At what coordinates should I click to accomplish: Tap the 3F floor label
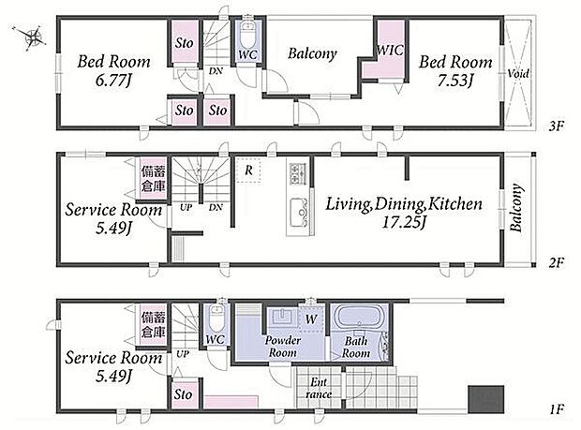point(557,126)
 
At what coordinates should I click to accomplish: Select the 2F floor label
point(557,263)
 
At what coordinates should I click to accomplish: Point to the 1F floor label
point(557,409)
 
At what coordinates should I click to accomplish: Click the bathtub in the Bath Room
point(358,319)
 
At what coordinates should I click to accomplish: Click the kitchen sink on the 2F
point(299,213)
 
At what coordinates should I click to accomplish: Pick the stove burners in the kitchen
point(298,173)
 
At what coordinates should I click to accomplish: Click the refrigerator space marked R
point(248,170)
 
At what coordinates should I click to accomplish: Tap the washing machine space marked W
point(311,319)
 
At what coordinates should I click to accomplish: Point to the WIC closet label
point(390,50)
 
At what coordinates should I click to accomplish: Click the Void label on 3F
point(518,73)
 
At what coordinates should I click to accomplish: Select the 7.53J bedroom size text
point(455,80)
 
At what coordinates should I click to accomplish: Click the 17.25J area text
point(403,222)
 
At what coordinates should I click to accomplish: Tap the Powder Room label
point(283,346)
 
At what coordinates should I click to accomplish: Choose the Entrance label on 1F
point(319,388)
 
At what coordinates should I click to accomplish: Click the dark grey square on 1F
point(485,399)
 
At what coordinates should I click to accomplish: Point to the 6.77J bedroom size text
point(113,80)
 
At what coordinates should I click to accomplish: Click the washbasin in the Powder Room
point(282,318)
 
